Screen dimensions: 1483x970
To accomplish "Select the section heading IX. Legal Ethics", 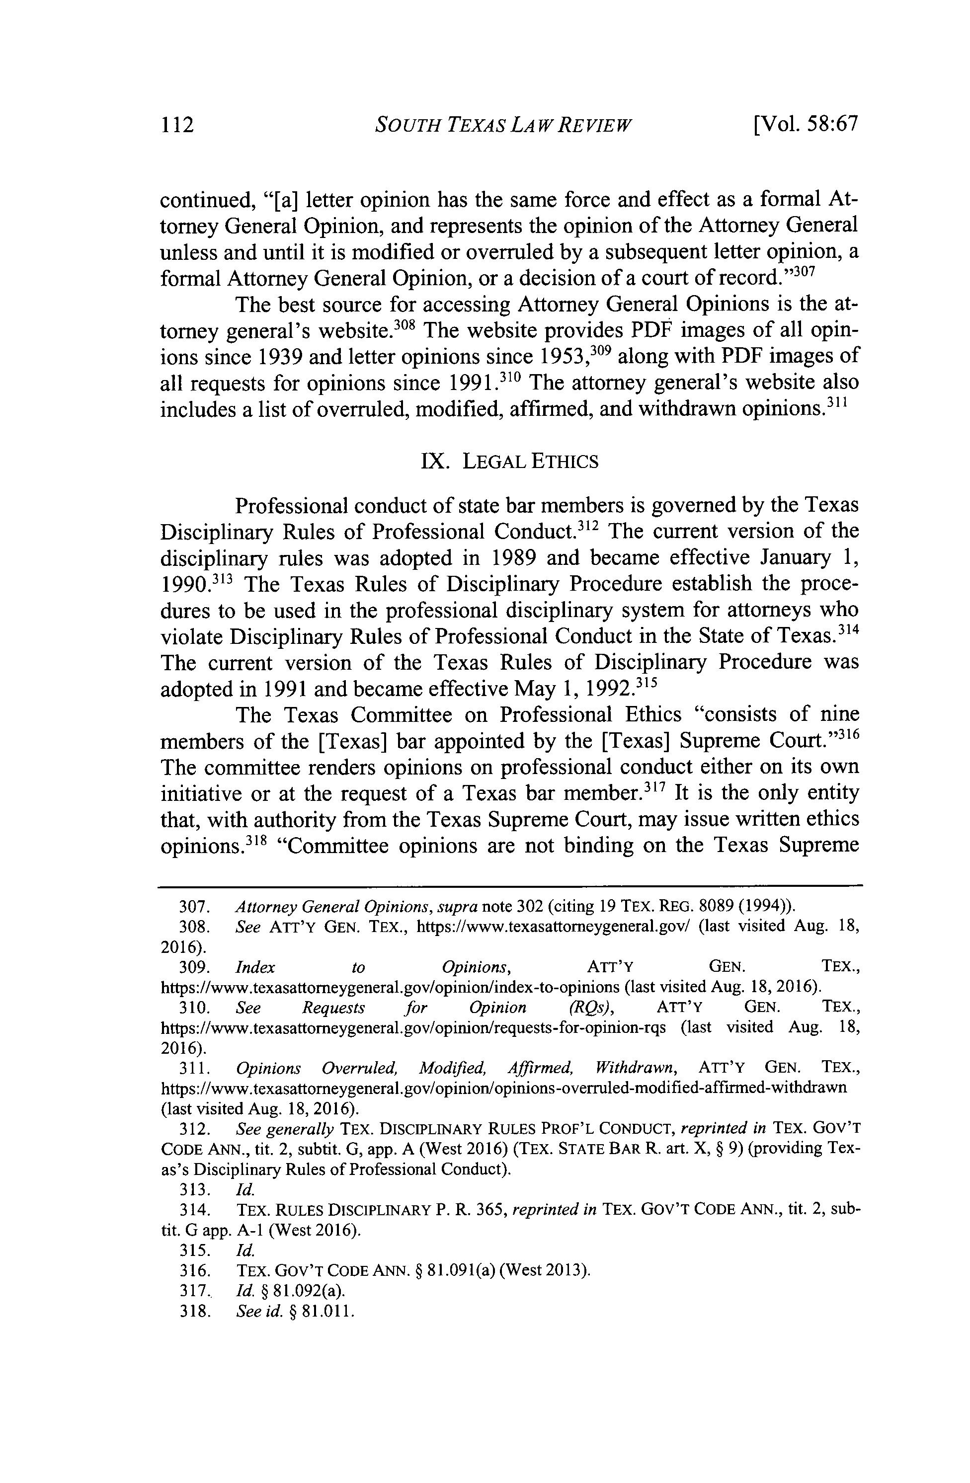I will pyautogui.click(x=509, y=462).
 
